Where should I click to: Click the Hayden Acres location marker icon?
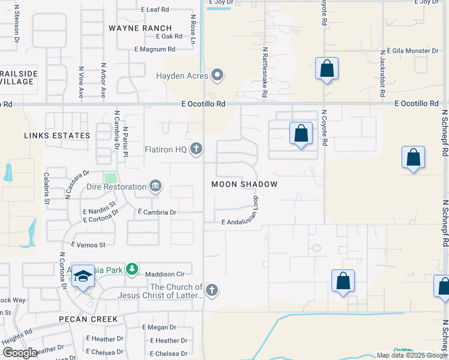point(217,76)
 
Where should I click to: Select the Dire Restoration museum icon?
point(155,187)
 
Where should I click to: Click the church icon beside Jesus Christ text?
point(211,291)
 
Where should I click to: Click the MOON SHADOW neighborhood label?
point(244,184)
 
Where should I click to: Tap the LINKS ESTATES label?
point(57,136)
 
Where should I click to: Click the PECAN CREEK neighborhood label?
point(88,319)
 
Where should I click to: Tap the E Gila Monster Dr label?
point(413,51)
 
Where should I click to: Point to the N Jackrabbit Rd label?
point(382,78)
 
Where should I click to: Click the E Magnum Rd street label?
point(154,49)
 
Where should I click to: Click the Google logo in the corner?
point(20,353)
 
